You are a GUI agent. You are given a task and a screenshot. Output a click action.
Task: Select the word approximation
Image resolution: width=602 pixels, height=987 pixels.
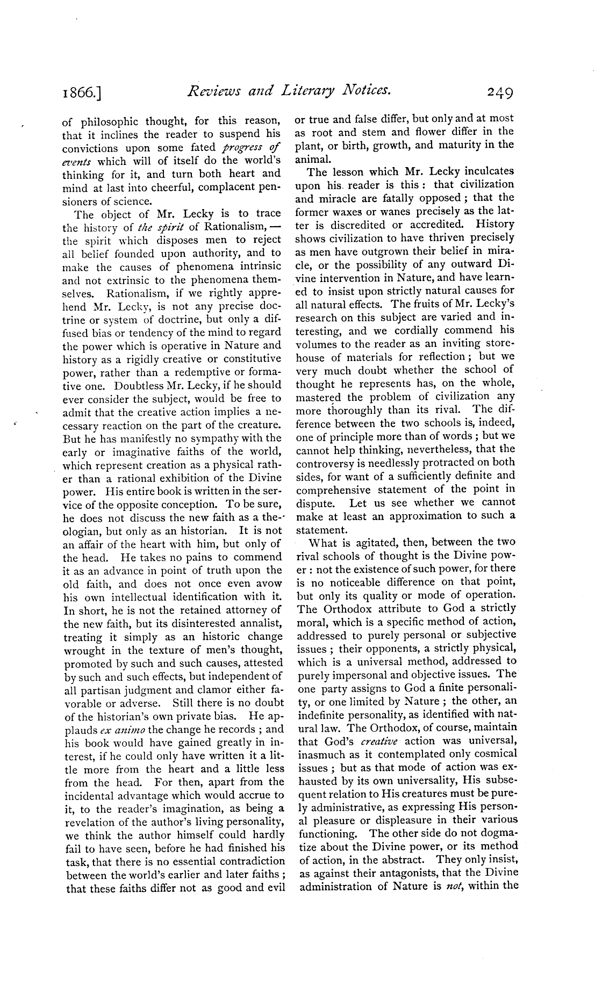click(x=423, y=516)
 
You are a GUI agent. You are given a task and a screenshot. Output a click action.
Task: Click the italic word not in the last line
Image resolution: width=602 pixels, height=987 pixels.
click(x=455, y=887)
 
